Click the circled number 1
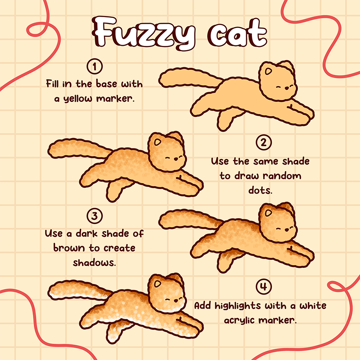(x=95, y=67)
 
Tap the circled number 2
(x=264, y=142)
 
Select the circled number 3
(x=95, y=216)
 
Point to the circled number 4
(x=264, y=286)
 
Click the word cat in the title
(x=237, y=33)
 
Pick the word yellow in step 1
(x=78, y=99)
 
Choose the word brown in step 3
(x=69, y=248)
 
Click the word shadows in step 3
(x=94, y=263)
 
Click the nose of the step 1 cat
(x=287, y=88)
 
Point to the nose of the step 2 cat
(x=176, y=159)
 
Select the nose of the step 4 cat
(x=176, y=300)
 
